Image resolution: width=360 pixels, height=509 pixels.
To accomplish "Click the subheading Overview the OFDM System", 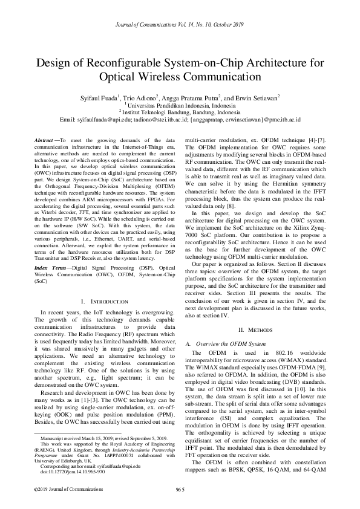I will [x=231, y=343].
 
